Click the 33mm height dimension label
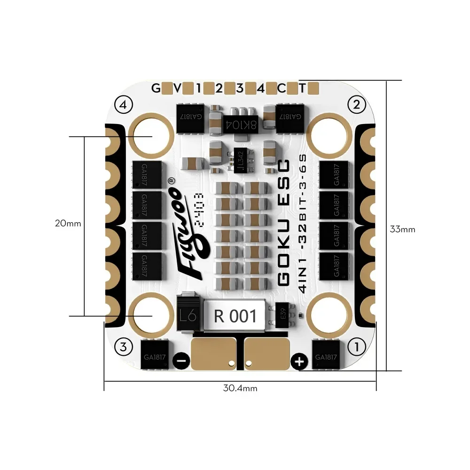402,229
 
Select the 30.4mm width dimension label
240,388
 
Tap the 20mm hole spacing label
68,224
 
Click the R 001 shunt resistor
235,316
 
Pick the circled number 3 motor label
123,347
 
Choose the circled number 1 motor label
356,347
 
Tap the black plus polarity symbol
299,361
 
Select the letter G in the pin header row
155,88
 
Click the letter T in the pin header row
303,88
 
